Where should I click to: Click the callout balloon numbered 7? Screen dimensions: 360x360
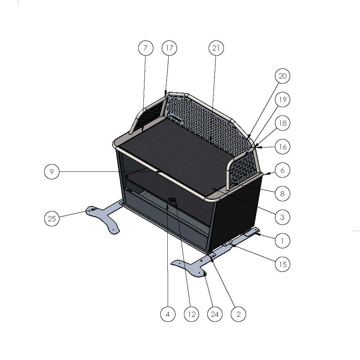tap(146, 48)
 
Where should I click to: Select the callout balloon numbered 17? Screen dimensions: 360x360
tap(169, 48)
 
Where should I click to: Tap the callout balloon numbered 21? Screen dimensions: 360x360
tap(217, 48)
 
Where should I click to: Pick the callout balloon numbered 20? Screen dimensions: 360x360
tap(283, 76)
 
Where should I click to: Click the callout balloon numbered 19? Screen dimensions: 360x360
tap(283, 100)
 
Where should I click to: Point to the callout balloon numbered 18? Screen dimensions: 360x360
tap(283, 123)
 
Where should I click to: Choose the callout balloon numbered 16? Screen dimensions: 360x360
tap(283, 147)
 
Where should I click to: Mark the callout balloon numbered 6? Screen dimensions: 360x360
tap(283, 170)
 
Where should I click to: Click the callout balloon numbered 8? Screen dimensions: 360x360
tap(283, 194)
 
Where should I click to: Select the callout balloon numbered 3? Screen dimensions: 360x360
tap(283, 217)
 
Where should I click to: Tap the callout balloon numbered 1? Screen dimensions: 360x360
tap(283, 240)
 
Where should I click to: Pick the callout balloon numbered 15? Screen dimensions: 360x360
tap(283, 264)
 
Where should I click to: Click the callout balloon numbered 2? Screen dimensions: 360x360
tap(238, 314)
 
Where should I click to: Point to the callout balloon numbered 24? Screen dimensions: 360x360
tap(215, 314)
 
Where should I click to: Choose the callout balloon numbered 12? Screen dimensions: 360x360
tap(191, 314)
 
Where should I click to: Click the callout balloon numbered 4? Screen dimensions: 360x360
tap(168, 314)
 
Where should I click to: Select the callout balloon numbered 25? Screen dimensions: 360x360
tap(52, 219)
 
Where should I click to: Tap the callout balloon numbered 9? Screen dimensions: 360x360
tap(52, 171)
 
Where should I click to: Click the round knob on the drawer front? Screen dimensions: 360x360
tap(172, 201)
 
